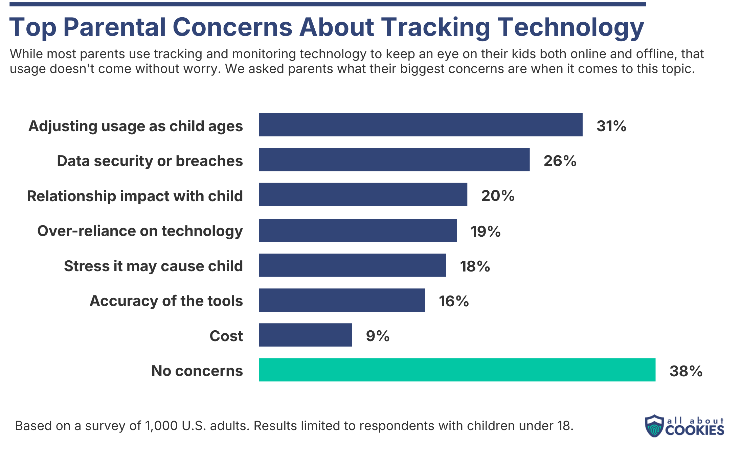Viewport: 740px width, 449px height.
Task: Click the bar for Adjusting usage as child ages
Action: (x=421, y=125)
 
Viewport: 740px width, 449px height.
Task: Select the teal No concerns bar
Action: (x=457, y=370)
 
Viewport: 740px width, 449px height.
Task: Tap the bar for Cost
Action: (x=306, y=335)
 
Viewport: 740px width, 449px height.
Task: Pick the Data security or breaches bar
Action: (x=394, y=160)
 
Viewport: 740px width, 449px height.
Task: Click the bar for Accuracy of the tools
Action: (x=342, y=300)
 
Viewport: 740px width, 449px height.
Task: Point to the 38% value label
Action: (x=686, y=371)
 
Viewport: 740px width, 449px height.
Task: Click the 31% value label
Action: (x=611, y=126)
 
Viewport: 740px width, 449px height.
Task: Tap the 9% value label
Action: (x=378, y=336)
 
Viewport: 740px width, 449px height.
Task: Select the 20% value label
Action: (x=498, y=196)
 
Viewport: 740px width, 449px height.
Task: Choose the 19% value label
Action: (x=485, y=232)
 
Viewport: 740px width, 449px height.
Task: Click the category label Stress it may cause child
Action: (x=153, y=266)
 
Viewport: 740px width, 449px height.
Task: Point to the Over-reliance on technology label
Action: (x=140, y=231)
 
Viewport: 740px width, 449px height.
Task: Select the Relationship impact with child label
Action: (x=135, y=196)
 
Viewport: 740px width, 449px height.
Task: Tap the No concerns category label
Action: (x=197, y=371)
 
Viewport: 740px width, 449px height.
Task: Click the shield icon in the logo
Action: (x=654, y=426)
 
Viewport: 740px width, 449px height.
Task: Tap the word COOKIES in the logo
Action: (x=694, y=430)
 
